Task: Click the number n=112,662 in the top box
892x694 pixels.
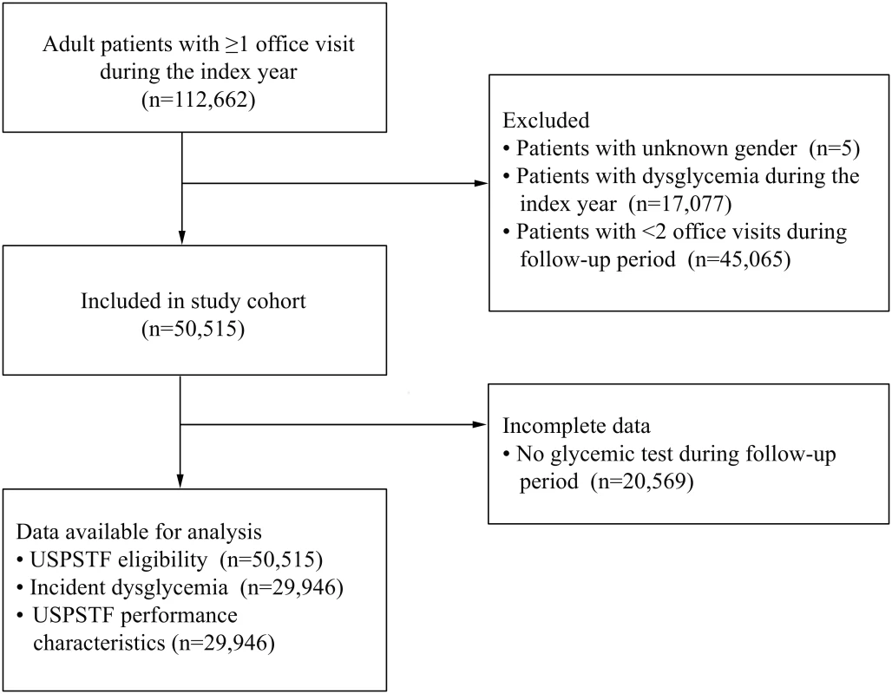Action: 199,100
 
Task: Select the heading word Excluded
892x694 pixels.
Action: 546,120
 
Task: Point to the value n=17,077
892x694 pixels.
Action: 680,204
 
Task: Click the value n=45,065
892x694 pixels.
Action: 739,259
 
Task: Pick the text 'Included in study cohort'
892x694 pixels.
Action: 193,301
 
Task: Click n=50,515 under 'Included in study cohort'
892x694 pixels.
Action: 193,329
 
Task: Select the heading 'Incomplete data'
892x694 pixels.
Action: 576,425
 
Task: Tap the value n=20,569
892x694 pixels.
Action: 642,481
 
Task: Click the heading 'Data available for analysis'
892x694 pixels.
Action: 139,531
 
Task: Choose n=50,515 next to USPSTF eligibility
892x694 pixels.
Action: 272,560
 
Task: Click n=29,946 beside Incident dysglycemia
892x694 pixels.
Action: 292,587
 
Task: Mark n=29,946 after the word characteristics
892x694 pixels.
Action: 223,643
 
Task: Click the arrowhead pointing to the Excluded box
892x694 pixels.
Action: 482,183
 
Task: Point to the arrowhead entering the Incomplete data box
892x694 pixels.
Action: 481,424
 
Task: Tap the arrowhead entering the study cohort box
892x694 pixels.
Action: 182,237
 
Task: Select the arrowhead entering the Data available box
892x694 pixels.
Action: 180,481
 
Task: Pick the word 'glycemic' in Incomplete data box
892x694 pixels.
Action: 590,455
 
